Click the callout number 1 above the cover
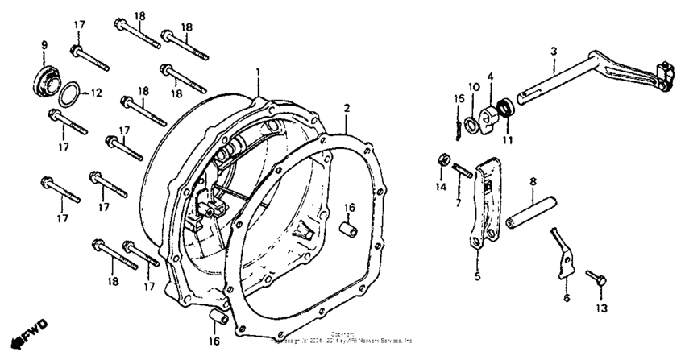coord(259,72)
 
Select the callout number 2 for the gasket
coord(346,107)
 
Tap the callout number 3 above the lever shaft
coord(554,52)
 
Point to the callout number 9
coord(44,43)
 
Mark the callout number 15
coord(459,98)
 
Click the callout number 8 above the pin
coord(533,183)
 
